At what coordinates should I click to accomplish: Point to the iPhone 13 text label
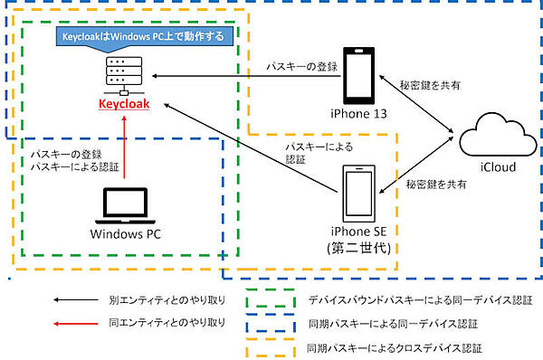tap(360, 113)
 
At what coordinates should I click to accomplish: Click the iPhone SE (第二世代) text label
tap(360, 241)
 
